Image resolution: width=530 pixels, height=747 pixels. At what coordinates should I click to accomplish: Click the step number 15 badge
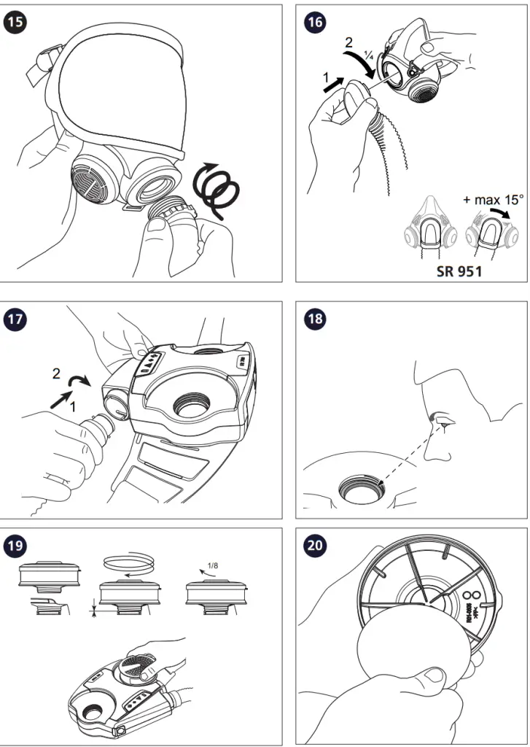17,22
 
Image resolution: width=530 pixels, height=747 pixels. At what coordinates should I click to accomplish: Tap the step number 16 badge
315,22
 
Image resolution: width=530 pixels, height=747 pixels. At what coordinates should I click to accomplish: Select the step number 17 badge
17,319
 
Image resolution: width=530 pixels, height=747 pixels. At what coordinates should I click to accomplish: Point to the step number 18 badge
315,319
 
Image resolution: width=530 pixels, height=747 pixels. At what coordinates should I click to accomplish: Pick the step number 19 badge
17,544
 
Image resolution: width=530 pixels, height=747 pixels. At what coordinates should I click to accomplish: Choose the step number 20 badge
315,544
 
